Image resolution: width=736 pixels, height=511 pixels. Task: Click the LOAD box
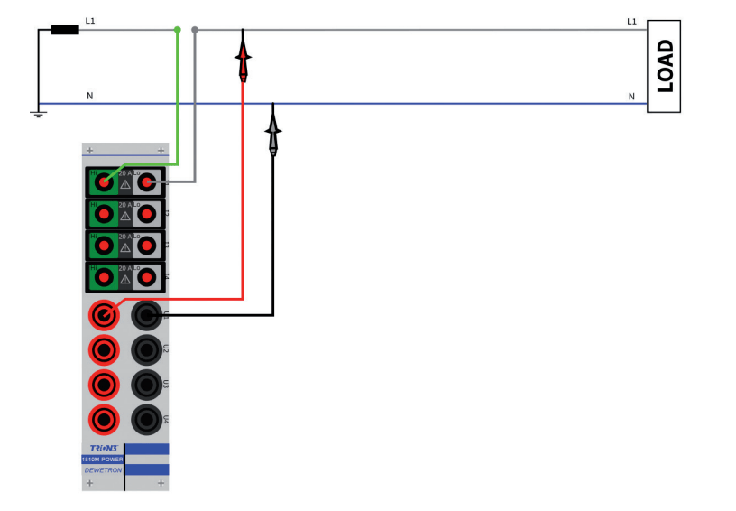tap(663, 66)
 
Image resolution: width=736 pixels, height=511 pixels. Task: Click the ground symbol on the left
tap(38, 114)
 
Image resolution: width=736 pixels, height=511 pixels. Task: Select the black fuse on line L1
tap(65, 30)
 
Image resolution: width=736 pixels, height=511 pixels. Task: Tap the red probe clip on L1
tap(243, 58)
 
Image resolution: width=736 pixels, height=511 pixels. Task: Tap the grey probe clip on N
tap(273, 132)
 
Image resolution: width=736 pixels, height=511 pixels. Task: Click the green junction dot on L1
tap(178, 30)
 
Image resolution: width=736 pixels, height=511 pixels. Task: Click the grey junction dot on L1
tap(195, 30)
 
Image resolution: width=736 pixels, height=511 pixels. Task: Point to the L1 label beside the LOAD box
tap(631, 21)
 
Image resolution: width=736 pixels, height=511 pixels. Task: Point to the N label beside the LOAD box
tap(631, 96)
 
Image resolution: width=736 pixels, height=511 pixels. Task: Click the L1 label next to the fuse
tap(90, 21)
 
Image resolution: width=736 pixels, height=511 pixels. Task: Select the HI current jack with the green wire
tap(105, 182)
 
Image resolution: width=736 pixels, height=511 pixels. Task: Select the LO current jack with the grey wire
tap(146, 182)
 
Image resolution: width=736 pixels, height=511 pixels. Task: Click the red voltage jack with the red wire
tap(105, 315)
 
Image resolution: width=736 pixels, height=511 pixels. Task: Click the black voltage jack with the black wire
tap(146, 315)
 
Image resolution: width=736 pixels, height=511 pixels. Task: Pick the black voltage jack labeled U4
tap(146, 419)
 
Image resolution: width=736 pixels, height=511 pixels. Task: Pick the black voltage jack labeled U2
tap(146, 349)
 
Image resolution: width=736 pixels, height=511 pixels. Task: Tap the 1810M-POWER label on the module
tap(103, 459)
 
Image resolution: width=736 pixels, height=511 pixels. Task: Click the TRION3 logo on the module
tap(103, 448)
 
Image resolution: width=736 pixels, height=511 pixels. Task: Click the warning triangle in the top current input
tap(124, 184)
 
